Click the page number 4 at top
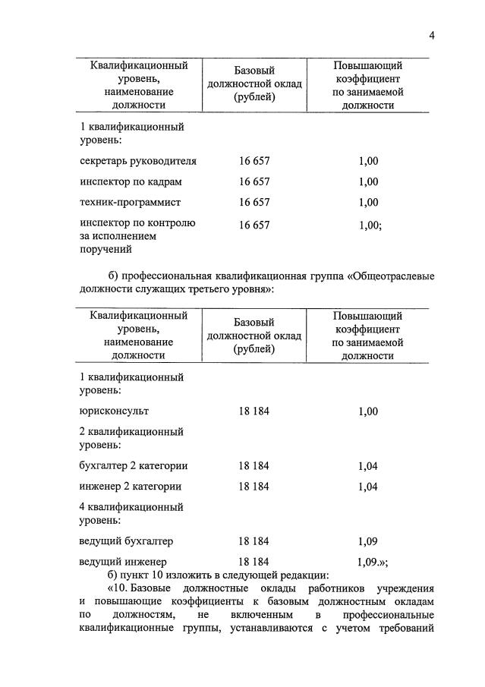click(430, 34)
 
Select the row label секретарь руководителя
click(137, 161)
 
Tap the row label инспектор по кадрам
click(131, 182)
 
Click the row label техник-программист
click(130, 203)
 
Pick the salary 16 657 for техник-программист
click(254, 203)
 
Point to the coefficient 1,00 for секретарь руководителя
click(367, 161)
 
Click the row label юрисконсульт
click(113, 411)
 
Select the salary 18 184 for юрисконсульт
click(254, 411)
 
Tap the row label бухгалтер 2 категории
click(133, 466)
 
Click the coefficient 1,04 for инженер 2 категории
click(367, 487)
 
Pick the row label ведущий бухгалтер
click(126, 541)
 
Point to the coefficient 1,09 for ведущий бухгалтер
click(367, 541)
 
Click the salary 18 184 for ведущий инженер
click(254, 562)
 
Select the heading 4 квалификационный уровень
click(131, 514)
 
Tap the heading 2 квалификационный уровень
click(131, 439)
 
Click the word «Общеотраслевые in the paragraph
click(392, 275)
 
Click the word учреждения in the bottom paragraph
click(399, 588)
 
